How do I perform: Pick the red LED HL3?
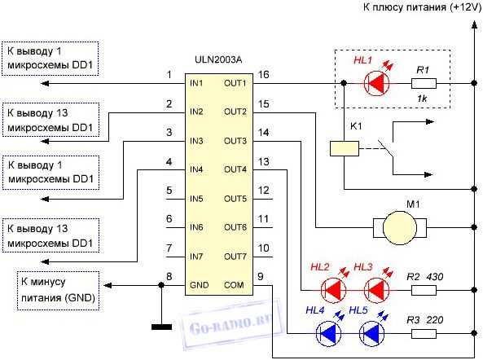tap(375, 289)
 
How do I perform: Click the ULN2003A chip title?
tap(217, 58)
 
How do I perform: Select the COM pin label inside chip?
tap(235, 286)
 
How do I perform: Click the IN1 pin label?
tap(197, 83)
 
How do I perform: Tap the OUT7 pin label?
tap(235, 257)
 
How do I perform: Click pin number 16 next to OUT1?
tap(263, 75)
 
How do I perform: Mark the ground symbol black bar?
tap(161, 327)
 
